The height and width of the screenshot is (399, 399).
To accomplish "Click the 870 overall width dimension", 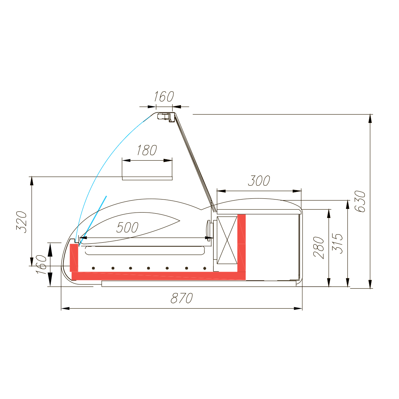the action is click(x=182, y=298).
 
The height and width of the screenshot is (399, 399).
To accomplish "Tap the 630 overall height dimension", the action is click(x=360, y=201).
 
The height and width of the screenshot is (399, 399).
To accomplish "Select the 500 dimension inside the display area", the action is click(x=127, y=227).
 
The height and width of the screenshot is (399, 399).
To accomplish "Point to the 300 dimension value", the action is click(x=259, y=181).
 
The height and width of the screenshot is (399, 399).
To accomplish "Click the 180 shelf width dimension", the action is click(x=147, y=150).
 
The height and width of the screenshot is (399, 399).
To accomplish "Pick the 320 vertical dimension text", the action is click(x=21, y=222).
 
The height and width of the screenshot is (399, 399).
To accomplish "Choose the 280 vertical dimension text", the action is click(x=318, y=248).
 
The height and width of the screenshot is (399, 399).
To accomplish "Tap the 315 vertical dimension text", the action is click(x=337, y=243).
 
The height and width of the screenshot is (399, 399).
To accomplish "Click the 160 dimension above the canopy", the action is click(x=164, y=96).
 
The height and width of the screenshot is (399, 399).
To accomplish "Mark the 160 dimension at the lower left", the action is click(x=41, y=265).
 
